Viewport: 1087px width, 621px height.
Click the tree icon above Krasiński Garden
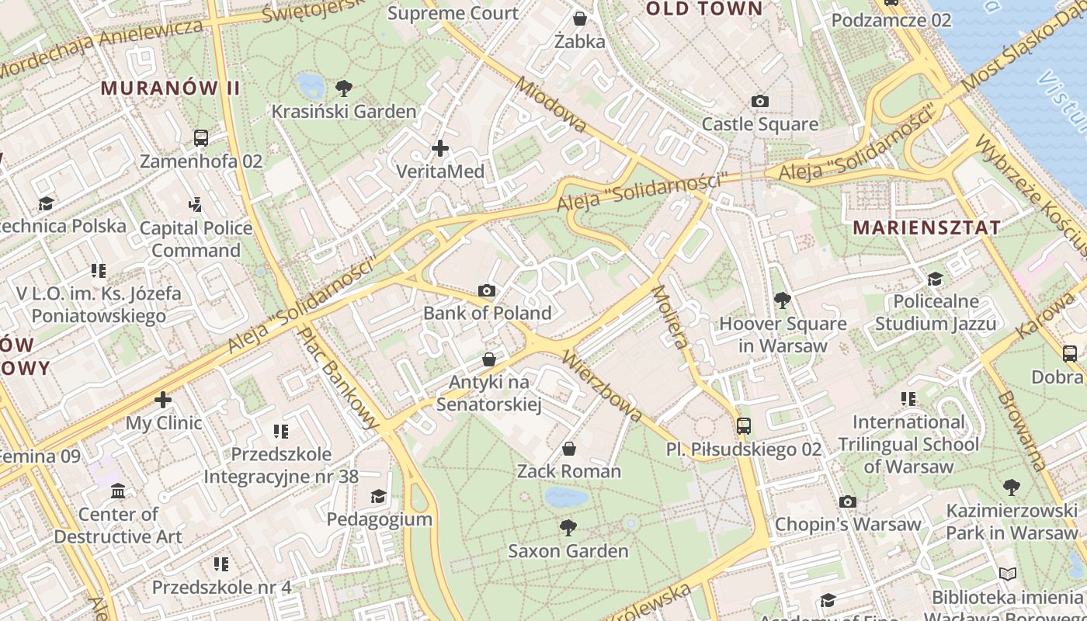pyautogui.click(x=343, y=88)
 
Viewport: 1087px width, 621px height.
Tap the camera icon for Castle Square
pyautogui.click(x=760, y=101)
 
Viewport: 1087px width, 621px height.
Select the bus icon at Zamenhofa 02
pyautogui.click(x=201, y=138)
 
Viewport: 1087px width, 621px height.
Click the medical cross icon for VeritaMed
pyautogui.click(x=440, y=147)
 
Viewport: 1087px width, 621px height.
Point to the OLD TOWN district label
pyautogui.click(x=704, y=9)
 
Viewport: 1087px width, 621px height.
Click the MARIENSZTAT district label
pyautogui.click(x=926, y=227)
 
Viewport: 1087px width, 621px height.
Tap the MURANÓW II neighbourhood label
pyautogui.click(x=171, y=88)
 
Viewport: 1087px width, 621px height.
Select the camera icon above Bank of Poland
pyautogui.click(x=487, y=290)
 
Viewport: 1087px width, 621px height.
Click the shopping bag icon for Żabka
pyautogui.click(x=579, y=18)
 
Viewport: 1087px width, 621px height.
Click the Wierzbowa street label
pyautogui.click(x=602, y=386)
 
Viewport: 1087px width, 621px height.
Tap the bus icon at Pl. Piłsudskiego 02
pyautogui.click(x=744, y=425)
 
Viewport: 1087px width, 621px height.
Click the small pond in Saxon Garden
pyautogui.click(x=566, y=497)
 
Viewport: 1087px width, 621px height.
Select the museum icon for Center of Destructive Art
pyautogui.click(x=118, y=491)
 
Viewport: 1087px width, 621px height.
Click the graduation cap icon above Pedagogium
pyautogui.click(x=379, y=496)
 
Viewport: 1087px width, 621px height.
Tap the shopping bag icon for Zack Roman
pyautogui.click(x=569, y=449)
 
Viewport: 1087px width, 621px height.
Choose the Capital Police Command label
pyautogui.click(x=196, y=239)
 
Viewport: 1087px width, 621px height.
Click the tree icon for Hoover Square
pyautogui.click(x=782, y=300)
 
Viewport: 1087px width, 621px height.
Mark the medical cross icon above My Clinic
pyautogui.click(x=163, y=400)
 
